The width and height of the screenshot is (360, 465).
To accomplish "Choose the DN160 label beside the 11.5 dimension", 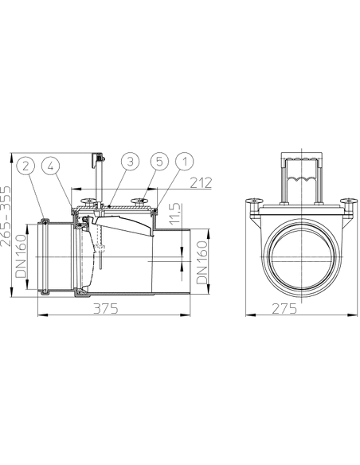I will click(203, 264).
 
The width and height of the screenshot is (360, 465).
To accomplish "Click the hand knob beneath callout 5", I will click(143, 201).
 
